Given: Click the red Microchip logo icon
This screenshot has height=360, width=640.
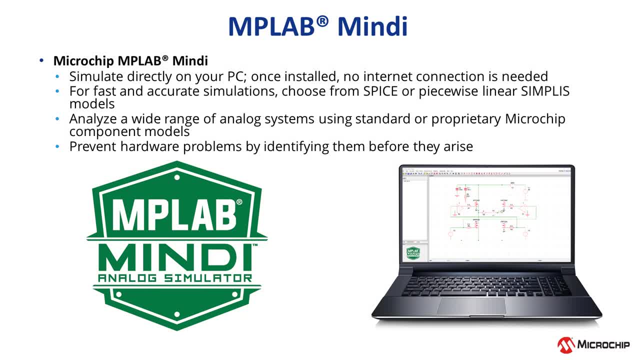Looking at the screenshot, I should tap(566, 344).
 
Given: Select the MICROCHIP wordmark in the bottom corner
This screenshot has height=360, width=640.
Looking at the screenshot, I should tap(603, 344).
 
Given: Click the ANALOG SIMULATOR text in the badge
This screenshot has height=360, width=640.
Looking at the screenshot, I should tap(175, 278).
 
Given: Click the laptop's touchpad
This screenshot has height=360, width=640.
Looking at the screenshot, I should tap(471, 305).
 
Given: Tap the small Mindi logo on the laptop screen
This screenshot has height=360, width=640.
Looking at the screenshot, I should tap(412, 253).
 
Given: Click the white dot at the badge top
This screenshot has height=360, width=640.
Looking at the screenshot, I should tap(177, 177).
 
